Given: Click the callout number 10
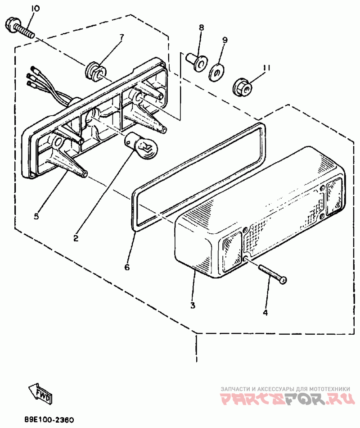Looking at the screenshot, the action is [35, 9].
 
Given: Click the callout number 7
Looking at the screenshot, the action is [121, 36].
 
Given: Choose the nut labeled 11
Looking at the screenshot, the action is [243, 87].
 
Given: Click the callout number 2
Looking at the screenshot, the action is [76, 238].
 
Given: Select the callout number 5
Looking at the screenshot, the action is [36, 216].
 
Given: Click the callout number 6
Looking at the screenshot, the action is [127, 267].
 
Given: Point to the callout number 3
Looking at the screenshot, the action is [193, 305].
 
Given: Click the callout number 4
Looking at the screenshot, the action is [265, 312].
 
